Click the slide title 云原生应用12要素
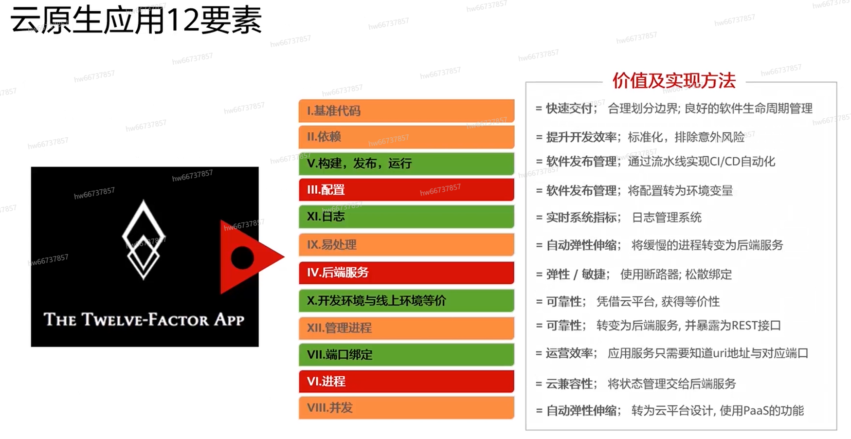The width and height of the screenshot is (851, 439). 136,20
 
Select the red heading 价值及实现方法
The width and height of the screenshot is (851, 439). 674,81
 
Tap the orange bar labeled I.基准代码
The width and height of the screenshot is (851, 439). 406,110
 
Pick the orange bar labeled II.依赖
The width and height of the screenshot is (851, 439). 406,137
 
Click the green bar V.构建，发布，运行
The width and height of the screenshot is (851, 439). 406,164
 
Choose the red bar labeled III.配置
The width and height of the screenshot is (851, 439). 406,190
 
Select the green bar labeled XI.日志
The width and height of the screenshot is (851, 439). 406,217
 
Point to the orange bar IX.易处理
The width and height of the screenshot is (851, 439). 406,244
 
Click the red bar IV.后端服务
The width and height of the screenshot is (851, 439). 406,273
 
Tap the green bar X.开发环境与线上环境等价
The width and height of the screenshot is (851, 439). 406,300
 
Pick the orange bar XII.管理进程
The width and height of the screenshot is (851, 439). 406,328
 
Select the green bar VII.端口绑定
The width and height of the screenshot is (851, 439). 406,354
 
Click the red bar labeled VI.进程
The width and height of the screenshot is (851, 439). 406,381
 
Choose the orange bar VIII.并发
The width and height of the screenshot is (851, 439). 406,408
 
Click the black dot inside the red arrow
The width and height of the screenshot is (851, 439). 242,257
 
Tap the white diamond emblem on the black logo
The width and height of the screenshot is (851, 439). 143,239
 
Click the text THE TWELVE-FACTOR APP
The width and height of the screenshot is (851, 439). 144,319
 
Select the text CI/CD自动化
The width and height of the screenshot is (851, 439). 742,162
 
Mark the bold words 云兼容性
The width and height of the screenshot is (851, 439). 569,384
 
